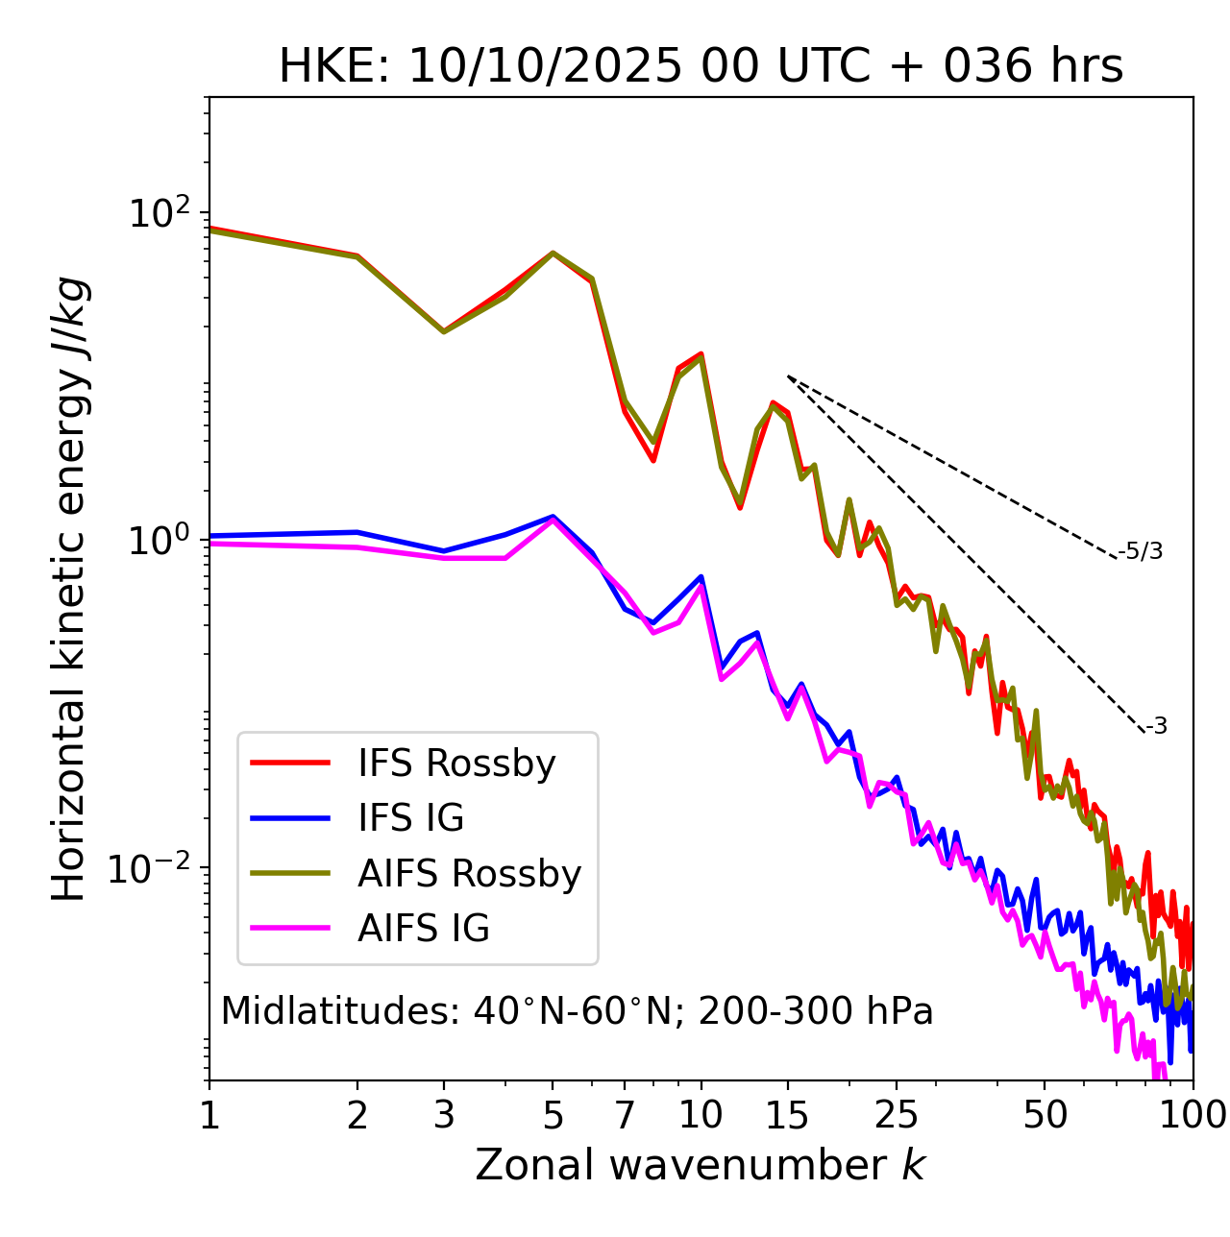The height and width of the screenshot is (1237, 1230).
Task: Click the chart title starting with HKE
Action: point(701,67)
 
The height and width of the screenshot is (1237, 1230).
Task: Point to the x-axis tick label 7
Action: point(625,1115)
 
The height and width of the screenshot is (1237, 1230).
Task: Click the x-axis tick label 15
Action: point(788,1115)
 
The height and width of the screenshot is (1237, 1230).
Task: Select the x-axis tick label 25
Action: point(897,1115)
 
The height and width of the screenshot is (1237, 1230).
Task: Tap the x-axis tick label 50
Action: point(1045,1115)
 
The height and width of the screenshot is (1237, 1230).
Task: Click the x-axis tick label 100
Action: point(1193,1115)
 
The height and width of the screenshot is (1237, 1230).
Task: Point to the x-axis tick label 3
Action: point(444,1115)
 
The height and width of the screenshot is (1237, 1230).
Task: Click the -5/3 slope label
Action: point(1141,551)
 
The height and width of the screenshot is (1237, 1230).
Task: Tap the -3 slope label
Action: point(1156,727)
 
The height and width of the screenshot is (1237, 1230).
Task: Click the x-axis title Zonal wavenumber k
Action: point(701,1165)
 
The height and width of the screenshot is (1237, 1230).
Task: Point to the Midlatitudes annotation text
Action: point(577,1011)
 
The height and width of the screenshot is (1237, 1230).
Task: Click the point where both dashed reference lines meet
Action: point(788,376)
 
